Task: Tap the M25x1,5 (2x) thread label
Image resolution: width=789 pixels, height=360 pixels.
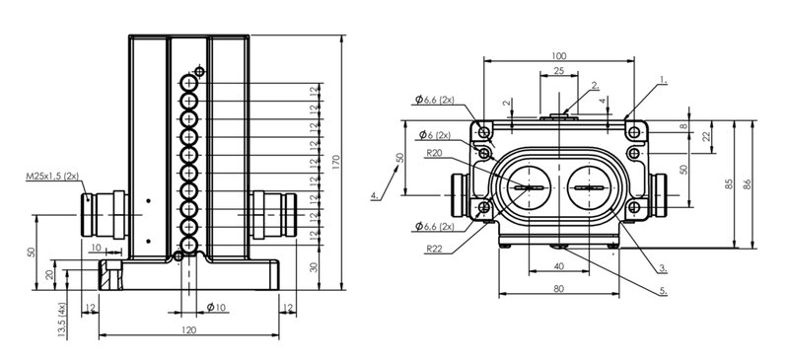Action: pyautogui.click(x=53, y=177)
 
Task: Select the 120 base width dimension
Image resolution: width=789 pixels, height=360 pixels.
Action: pyautogui.click(x=188, y=329)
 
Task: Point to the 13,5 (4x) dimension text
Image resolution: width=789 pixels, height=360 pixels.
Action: pyautogui.click(x=61, y=320)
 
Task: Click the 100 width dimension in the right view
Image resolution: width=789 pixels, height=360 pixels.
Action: pyautogui.click(x=559, y=55)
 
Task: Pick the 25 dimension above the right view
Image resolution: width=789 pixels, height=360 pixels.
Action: pyautogui.click(x=558, y=71)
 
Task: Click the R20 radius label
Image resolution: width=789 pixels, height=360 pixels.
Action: pyautogui.click(x=434, y=154)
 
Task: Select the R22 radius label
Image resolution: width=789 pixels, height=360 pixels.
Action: pyautogui.click(x=434, y=249)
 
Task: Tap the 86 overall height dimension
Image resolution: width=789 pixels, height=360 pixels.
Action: pyautogui.click(x=748, y=183)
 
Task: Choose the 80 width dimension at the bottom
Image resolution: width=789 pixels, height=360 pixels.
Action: pyautogui.click(x=558, y=289)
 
